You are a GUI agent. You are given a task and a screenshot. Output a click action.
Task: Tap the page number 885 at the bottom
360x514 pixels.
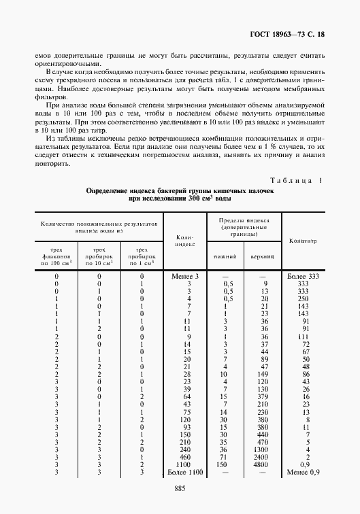click(180, 488)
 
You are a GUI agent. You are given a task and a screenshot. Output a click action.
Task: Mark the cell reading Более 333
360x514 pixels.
click(303, 276)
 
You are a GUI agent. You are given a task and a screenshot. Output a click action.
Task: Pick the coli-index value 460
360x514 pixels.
click(184, 456)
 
